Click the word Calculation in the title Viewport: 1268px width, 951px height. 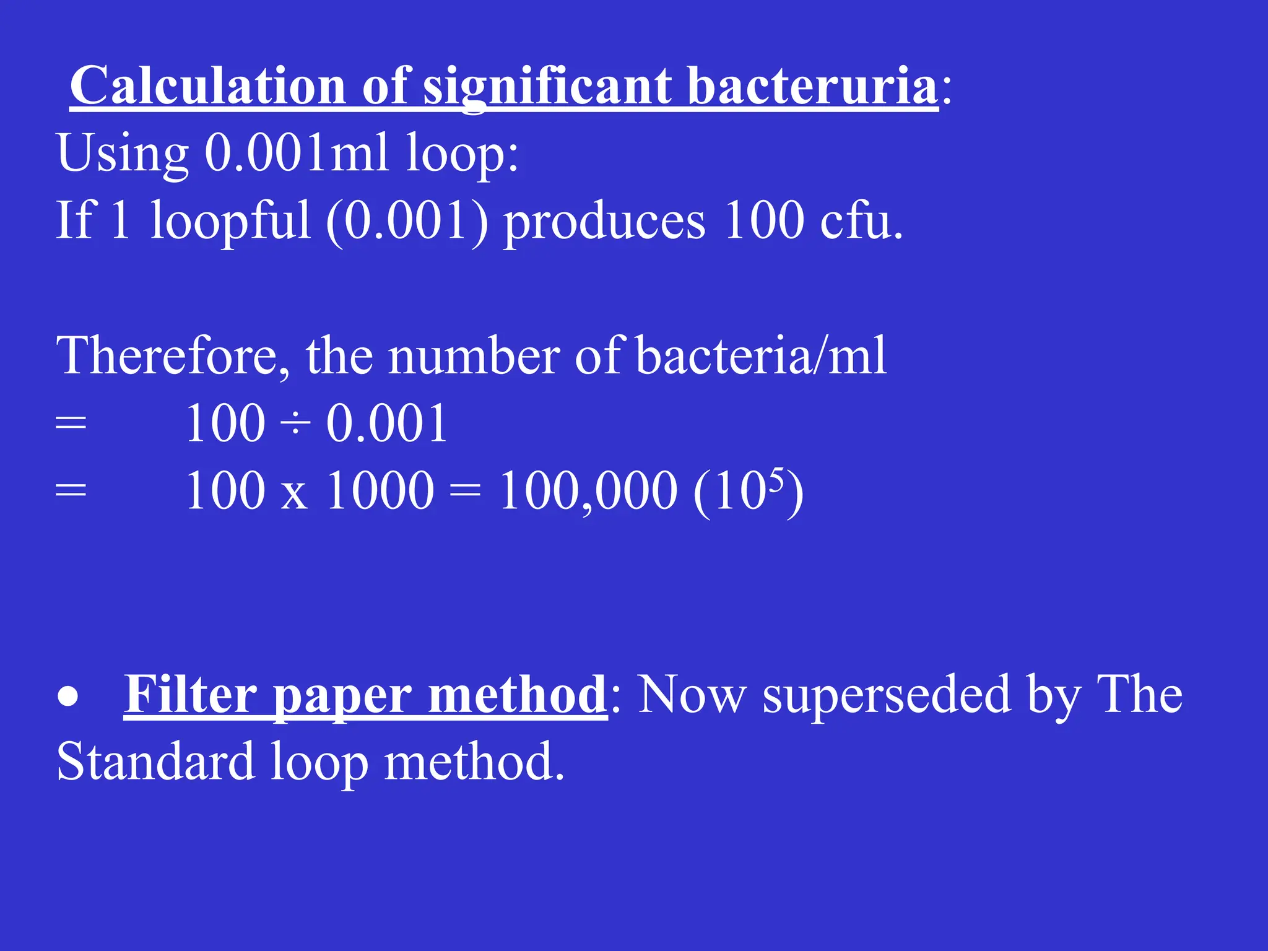click(x=207, y=86)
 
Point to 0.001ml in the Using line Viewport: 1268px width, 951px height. click(x=297, y=153)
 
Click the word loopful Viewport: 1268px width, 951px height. click(x=230, y=221)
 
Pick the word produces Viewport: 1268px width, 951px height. click(x=604, y=222)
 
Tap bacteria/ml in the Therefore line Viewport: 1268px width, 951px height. click(x=761, y=356)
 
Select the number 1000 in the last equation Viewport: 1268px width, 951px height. click(x=380, y=490)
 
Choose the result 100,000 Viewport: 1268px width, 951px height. click(x=588, y=491)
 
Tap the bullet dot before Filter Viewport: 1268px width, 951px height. click(x=68, y=697)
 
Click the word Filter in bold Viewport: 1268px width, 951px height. click(x=191, y=695)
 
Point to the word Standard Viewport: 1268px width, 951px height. click(x=155, y=762)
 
